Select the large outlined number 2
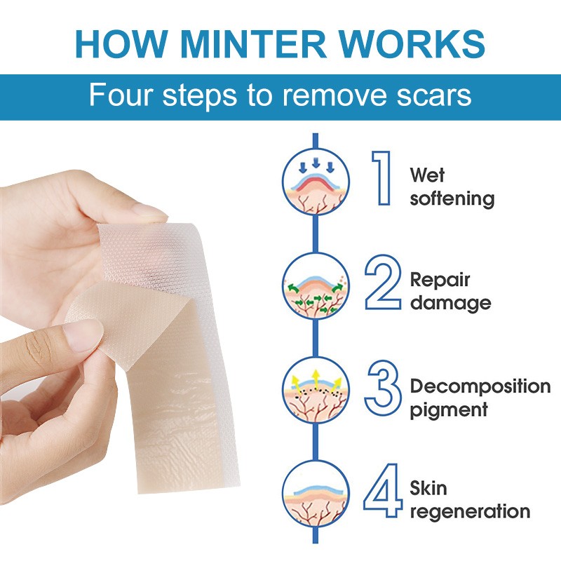382,283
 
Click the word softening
452,198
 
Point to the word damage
450,303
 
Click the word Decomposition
480,386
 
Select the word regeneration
469,511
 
